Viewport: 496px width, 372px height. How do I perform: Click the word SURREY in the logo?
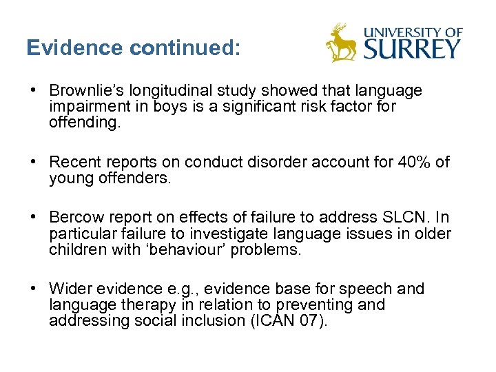412,48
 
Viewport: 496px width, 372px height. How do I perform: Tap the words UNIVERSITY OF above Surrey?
413,30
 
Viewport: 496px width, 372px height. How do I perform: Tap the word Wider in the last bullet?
70,289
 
